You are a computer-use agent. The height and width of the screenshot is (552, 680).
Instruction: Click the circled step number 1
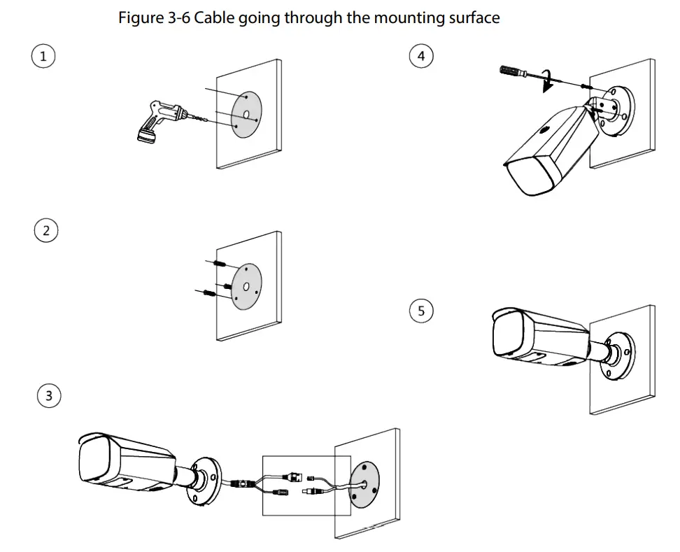coord(43,57)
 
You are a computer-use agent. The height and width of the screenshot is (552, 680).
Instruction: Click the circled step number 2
coord(46,231)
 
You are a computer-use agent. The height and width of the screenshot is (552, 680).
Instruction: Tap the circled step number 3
coord(48,396)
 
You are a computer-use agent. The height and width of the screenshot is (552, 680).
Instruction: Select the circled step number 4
coord(420,56)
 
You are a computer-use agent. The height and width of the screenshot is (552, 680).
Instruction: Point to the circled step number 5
coord(421,311)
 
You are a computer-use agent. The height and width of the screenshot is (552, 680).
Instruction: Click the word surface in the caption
coord(474,18)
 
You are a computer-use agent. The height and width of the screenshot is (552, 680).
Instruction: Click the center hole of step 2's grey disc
coord(246,287)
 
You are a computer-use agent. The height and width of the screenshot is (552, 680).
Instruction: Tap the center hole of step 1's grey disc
coord(246,113)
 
